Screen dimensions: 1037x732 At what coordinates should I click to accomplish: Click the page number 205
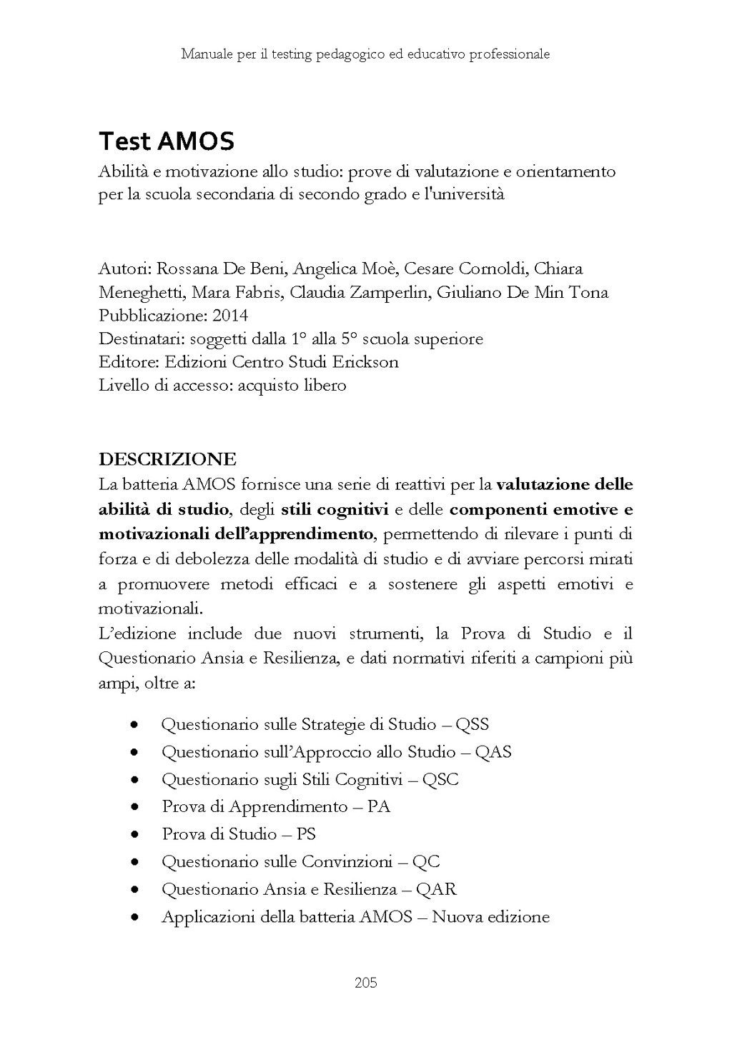(365, 983)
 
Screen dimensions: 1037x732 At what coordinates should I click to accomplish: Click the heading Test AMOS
(166, 141)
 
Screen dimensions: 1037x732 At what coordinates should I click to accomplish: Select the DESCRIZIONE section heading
(167, 458)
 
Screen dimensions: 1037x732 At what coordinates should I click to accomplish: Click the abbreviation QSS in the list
(472, 725)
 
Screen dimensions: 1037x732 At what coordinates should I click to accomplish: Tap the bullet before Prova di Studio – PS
(134, 835)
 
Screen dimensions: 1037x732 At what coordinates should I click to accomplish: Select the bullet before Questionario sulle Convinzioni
(134, 863)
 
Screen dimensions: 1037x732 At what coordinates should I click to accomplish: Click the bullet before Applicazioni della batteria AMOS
(134, 918)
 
